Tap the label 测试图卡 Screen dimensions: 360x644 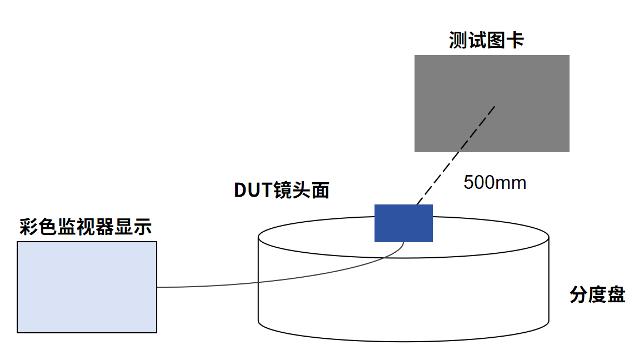coord(486,41)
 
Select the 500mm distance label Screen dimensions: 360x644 coord(495,183)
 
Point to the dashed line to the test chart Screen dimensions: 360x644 coord(456,156)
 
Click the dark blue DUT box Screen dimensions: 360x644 coord(403,223)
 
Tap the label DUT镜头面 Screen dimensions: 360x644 coord(282,190)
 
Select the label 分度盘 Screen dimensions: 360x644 coord(597,294)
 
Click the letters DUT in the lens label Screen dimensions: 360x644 coord(253,190)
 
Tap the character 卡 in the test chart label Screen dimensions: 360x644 coord(515,41)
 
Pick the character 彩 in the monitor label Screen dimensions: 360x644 coord(28,227)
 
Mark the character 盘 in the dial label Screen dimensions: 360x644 coord(616,294)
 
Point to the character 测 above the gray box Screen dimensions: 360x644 coord(458,41)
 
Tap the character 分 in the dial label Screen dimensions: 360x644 coord(578,294)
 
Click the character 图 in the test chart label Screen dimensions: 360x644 coord(496,41)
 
